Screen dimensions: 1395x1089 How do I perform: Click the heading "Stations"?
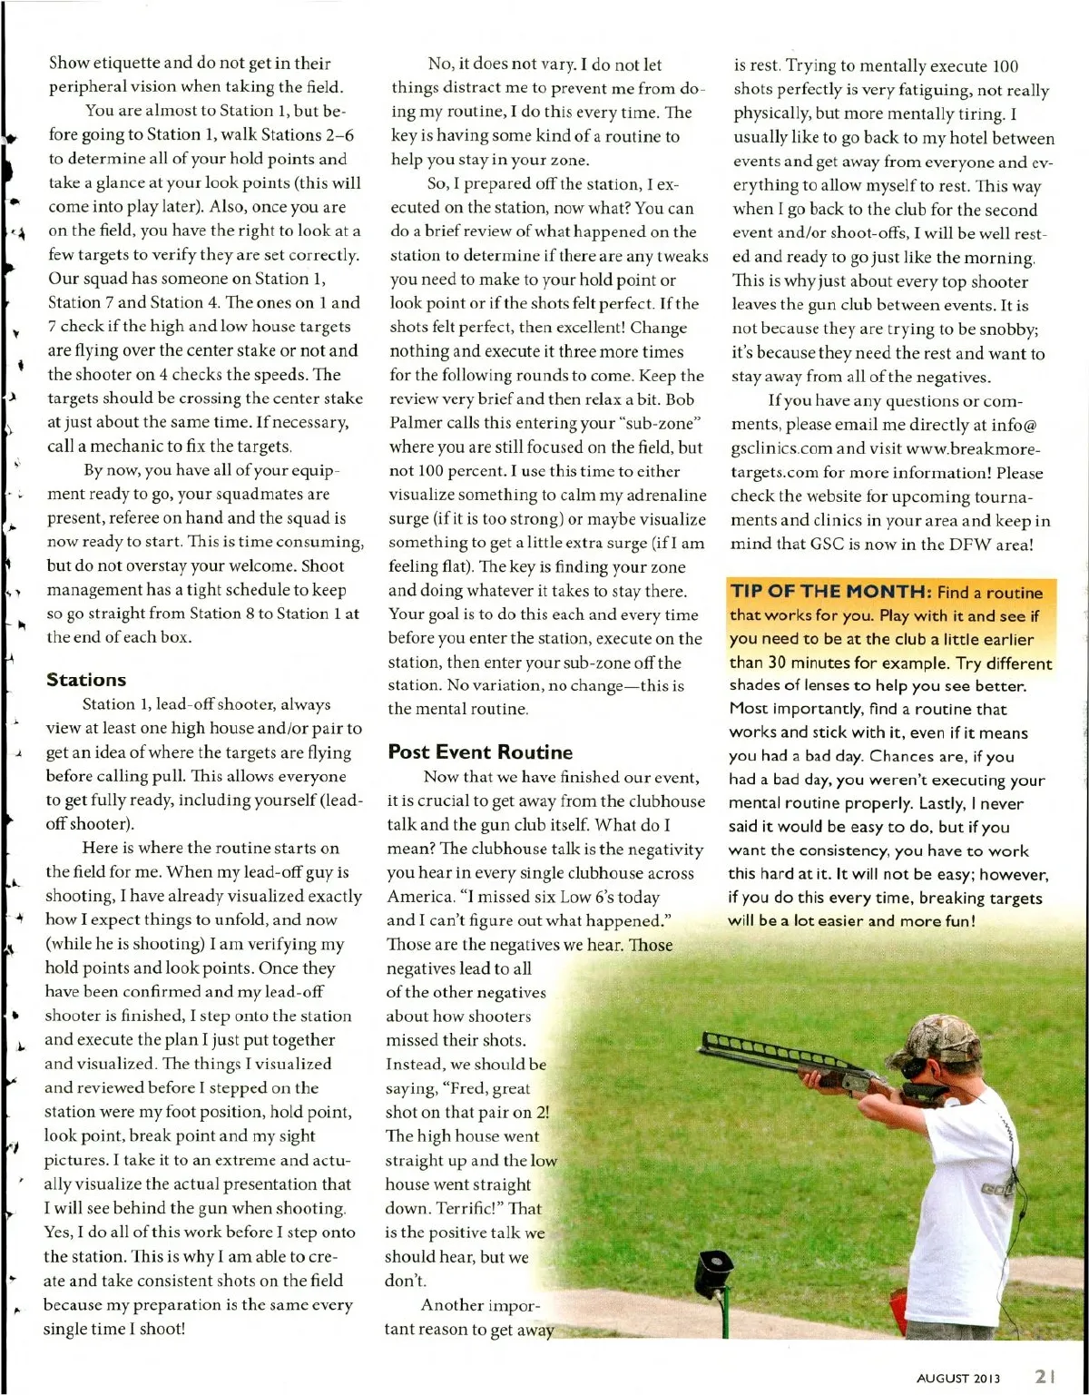click(86, 680)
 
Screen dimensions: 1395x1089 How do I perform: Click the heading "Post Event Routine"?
click(480, 752)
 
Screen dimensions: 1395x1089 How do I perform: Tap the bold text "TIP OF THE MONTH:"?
click(830, 592)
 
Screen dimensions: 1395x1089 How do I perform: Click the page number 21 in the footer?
click(1045, 1376)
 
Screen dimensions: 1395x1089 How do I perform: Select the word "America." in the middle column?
click(419, 897)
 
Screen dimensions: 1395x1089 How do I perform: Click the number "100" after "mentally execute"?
click(1005, 66)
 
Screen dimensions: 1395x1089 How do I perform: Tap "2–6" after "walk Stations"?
click(339, 134)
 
